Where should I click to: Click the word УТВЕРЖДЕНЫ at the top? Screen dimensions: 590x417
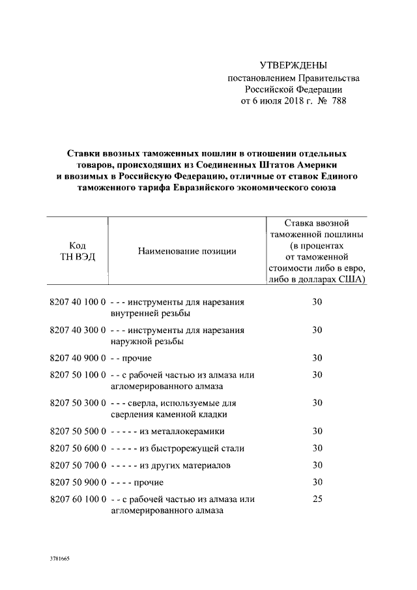click(x=293, y=65)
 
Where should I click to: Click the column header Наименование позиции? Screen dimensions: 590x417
click(x=187, y=251)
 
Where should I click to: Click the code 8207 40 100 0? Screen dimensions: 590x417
click(x=77, y=302)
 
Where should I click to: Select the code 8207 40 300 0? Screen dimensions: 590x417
click(x=77, y=330)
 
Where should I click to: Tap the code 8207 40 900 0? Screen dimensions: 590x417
click(x=77, y=358)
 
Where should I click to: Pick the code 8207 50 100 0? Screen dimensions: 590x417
click(x=77, y=375)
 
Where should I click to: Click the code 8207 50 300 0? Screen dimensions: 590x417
click(x=77, y=403)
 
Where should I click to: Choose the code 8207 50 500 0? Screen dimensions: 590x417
click(x=77, y=431)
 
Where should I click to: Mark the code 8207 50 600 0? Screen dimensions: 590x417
click(x=77, y=448)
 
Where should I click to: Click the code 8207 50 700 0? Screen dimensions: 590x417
click(x=77, y=465)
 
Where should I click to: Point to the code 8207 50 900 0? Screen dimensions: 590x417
click(x=77, y=482)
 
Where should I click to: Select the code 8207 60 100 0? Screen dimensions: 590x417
click(x=77, y=499)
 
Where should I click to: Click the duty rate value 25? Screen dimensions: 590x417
click(x=317, y=499)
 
